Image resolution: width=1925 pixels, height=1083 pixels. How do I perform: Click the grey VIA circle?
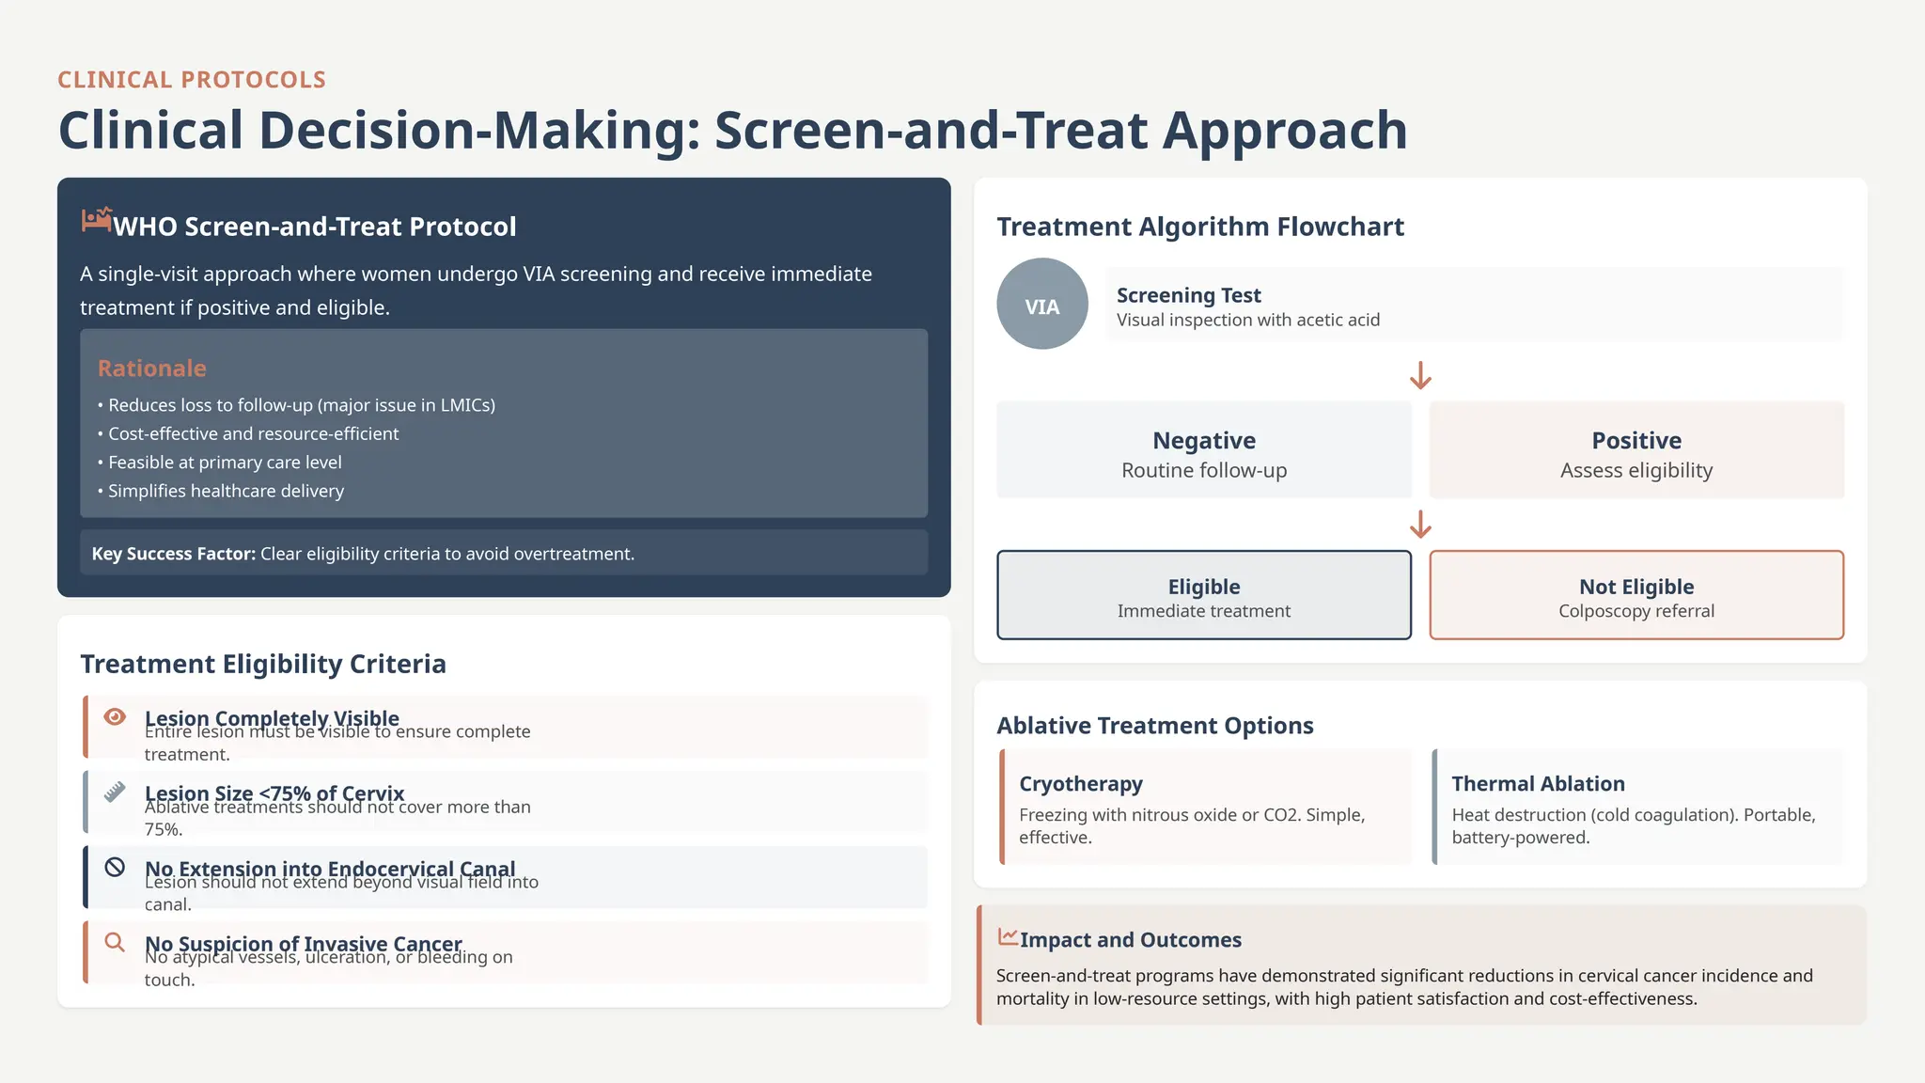pos(1041,305)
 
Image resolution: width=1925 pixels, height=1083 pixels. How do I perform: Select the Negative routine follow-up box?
pos(1203,450)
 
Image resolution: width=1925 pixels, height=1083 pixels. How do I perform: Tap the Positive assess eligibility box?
pos(1635,450)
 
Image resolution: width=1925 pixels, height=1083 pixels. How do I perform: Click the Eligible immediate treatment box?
pos(1203,595)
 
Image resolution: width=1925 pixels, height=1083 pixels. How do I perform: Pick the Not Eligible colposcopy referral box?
pos(1635,595)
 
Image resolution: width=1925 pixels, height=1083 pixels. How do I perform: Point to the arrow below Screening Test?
pos(1420,376)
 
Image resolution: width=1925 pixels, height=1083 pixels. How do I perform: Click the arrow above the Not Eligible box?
pos(1420,525)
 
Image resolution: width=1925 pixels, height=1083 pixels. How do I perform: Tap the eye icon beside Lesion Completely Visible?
pos(115,717)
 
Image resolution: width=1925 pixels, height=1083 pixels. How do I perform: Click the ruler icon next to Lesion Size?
pos(115,792)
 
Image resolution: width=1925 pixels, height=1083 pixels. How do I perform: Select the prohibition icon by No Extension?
pos(115,867)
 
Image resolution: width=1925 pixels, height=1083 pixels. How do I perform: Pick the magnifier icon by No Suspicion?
pos(115,942)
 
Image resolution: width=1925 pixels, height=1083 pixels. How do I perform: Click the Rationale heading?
pos(151,369)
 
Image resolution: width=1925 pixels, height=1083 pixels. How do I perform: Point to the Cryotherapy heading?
pos(1080,784)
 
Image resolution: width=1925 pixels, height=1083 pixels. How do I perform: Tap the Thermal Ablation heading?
pos(1537,784)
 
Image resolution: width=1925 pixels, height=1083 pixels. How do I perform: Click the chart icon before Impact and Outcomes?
pos(1008,937)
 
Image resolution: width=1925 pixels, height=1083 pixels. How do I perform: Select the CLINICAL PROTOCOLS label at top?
pos(192,80)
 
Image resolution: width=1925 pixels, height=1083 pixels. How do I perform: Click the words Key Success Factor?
pos(173,554)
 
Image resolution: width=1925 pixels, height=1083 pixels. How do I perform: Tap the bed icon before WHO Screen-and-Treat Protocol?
pos(96,220)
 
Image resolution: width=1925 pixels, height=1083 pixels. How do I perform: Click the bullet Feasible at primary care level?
pos(224,463)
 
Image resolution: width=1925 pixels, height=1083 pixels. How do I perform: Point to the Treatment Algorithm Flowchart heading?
pos(1199,227)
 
